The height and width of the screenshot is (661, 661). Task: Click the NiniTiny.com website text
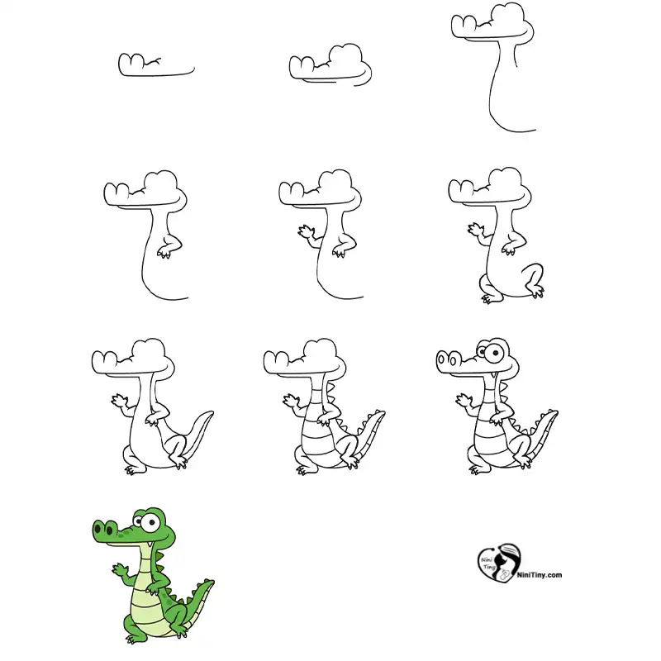click(x=540, y=574)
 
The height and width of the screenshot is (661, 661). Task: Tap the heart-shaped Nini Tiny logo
click(x=499, y=564)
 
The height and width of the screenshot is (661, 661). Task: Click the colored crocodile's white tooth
click(x=150, y=545)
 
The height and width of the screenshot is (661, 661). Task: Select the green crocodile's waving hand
click(x=120, y=570)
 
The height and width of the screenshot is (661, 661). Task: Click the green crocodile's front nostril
click(x=98, y=527)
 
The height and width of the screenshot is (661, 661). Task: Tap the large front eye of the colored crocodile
click(x=150, y=523)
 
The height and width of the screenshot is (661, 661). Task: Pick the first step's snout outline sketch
click(x=156, y=65)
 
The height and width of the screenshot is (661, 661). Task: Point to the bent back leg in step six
click(x=533, y=279)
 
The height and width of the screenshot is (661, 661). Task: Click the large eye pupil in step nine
click(x=497, y=352)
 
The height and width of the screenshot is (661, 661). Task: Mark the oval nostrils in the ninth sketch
click(x=447, y=360)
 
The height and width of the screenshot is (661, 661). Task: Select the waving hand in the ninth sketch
click(x=464, y=401)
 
